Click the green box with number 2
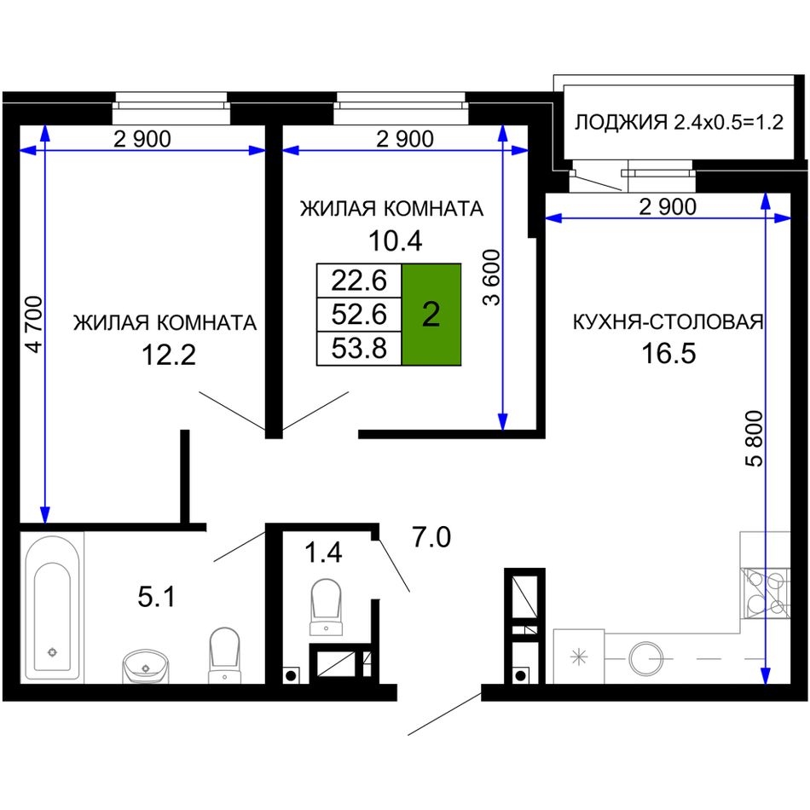[431, 314]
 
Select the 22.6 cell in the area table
[359, 281]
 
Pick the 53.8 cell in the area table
[359, 348]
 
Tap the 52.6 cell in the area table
[359, 314]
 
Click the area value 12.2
[169, 355]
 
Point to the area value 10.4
[395, 240]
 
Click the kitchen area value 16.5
[668, 353]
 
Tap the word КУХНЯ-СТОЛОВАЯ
[668, 321]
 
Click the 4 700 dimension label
[35, 324]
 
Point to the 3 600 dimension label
[492, 277]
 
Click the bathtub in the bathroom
[52, 607]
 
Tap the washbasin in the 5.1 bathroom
[145, 666]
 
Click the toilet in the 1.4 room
[326, 607]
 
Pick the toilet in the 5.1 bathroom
[225, 655]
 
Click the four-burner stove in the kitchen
[765, 593]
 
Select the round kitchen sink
[646, 658]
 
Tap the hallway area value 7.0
[431, 536]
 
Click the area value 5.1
[157, 597]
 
